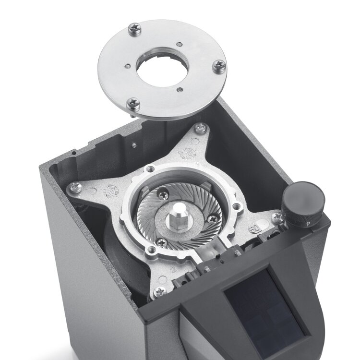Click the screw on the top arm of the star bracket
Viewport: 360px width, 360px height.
(201, 128)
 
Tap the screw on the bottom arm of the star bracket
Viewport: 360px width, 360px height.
(158, 291)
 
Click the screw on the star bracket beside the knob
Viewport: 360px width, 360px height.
(277, 218)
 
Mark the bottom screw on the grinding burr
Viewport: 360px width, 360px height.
(162, 242)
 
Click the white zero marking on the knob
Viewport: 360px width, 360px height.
(307, 224)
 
